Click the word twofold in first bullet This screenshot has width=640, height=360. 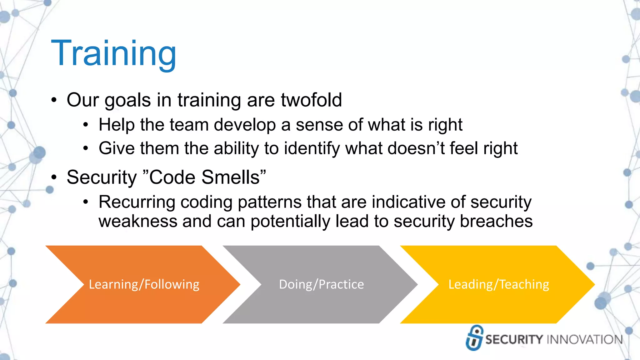coord(311,100)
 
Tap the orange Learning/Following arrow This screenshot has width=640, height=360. coord(144,284)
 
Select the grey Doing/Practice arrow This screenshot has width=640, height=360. coord(321,284)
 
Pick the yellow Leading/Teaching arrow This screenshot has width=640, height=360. coord(498,284)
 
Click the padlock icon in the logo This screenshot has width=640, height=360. coord(474,338)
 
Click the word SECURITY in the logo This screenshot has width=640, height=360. coord(514,340)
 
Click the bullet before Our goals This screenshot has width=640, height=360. coord(54,101)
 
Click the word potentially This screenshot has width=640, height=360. coord(290,222)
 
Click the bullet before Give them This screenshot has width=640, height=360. coord(86,148)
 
